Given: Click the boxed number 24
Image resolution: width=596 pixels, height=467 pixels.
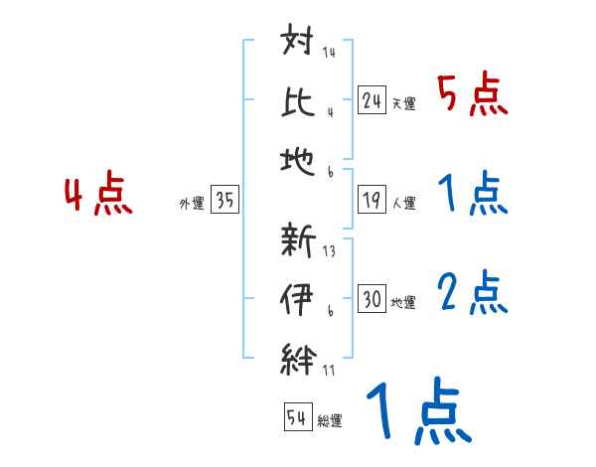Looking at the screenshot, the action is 372,100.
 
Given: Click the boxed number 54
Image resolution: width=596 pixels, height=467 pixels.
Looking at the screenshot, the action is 296,417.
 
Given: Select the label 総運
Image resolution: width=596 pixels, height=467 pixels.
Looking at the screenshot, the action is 329,420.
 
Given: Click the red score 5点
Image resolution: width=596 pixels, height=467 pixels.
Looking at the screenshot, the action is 473,96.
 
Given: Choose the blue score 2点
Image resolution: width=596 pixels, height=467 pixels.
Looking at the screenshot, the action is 473,293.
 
